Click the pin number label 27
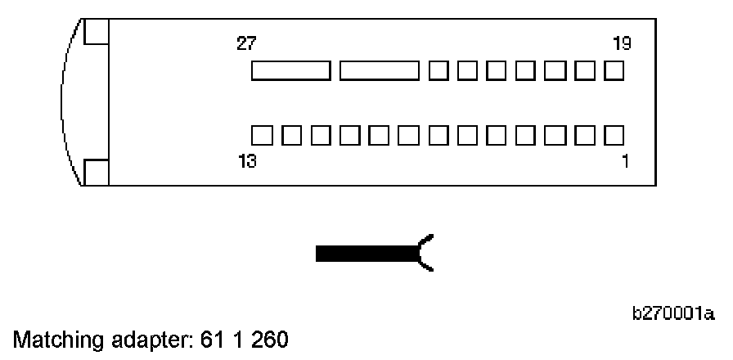[x=245, y=43]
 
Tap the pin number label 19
[x=622, y=43]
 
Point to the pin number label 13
[x=245, y=161]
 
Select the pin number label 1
[x=625, y=161]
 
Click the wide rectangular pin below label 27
[x=290, y=70]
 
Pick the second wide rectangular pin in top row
[x=379, y=70]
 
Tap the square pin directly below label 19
[x=614, y=70]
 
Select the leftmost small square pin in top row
[x=438, y=70]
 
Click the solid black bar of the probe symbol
[x=366, y=253]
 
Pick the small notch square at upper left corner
[x=97, y=30]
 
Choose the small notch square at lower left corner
[x=97, y=173]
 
